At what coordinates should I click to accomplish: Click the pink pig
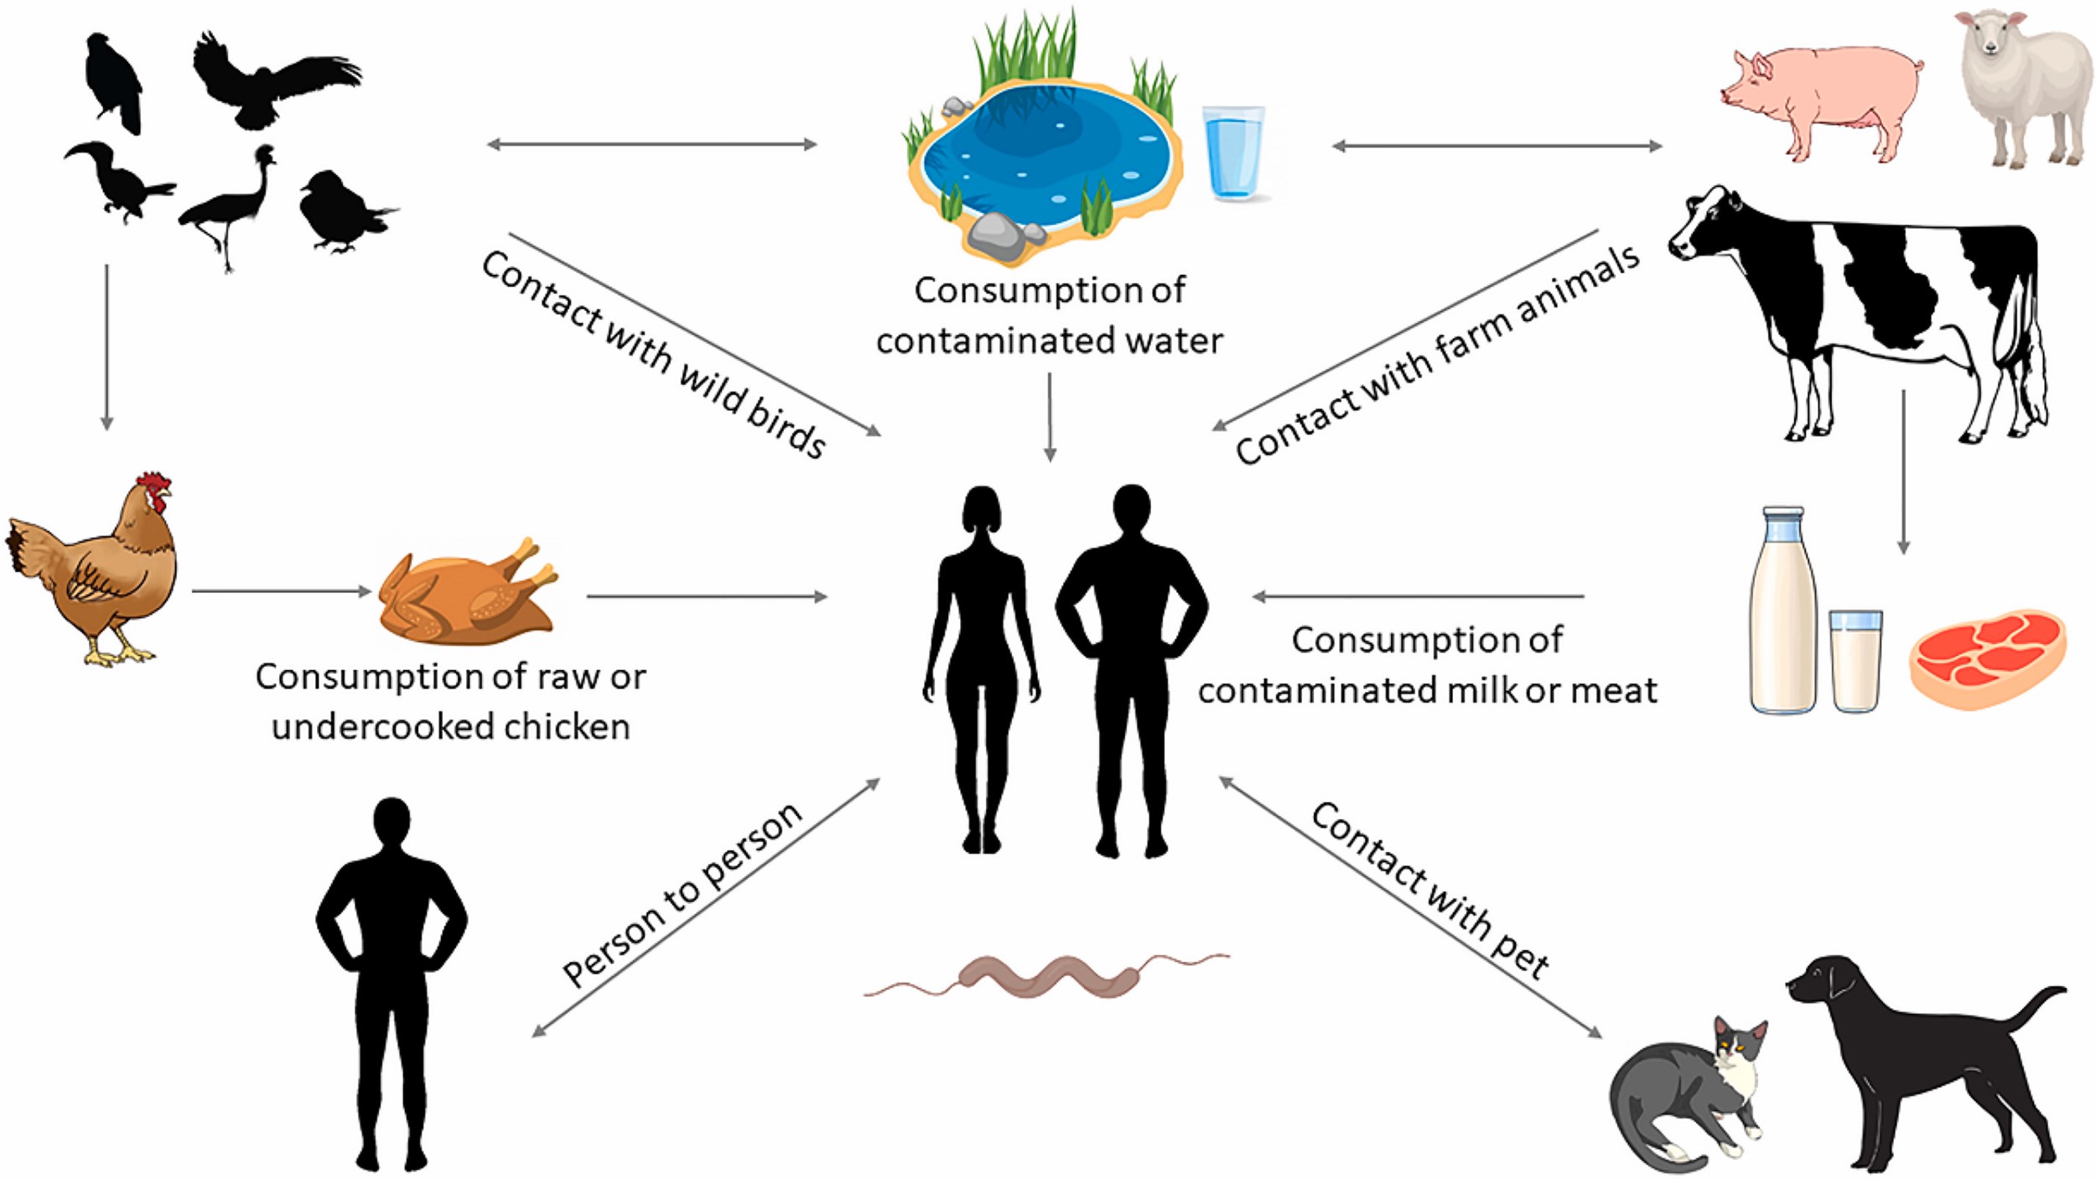coord(1828,96)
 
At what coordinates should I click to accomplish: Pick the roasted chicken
coord(465,595)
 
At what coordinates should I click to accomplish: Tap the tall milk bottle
coord(1782,612)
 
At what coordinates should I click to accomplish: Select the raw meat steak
coord(1987,658)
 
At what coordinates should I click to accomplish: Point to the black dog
coord(1920,1057)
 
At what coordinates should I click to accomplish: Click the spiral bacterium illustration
coord(1048,977)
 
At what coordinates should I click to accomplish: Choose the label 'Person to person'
coord(683,893)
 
